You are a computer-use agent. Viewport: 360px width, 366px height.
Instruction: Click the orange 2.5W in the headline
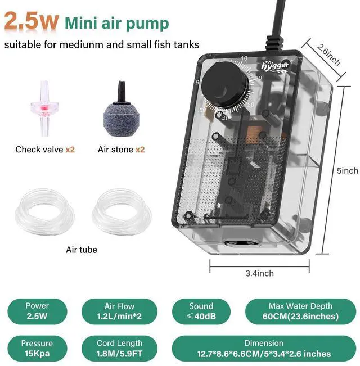pyautogui.click(x=31, y=21)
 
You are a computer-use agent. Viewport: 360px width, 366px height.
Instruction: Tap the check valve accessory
pyautogui.click(x=44, y=109)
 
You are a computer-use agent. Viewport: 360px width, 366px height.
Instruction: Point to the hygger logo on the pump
pyautogui.click(x=275, y=66)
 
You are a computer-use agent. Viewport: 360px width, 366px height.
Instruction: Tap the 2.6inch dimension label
pyautogui.click(x=328, y=55)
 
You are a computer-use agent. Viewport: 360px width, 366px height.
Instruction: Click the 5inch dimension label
pyautogui.click(x=348, y=170)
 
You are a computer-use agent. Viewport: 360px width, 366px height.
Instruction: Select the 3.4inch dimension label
pyautogui.click(x=260, y=273)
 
